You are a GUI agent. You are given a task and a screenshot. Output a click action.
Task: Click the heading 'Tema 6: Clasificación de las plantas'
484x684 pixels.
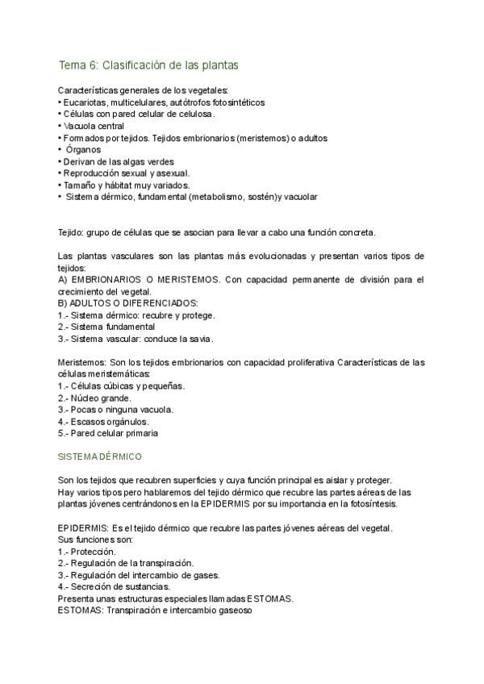click(148, 64)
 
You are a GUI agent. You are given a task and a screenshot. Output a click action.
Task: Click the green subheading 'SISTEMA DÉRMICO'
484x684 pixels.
click(100, 457)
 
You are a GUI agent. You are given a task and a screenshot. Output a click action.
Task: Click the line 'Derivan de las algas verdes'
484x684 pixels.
click(106, 161)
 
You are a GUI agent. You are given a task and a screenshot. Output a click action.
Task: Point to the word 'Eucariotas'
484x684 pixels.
click(84, 102)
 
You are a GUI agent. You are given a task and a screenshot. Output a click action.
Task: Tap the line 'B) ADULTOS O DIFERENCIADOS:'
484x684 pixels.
click(128, 302)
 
